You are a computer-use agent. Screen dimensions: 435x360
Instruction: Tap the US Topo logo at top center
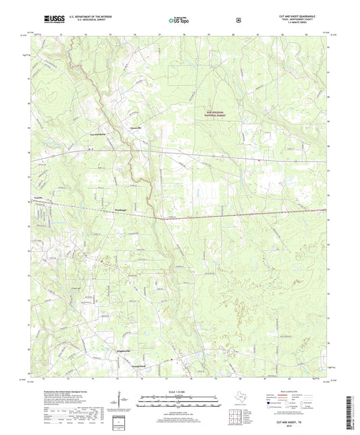180,20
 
